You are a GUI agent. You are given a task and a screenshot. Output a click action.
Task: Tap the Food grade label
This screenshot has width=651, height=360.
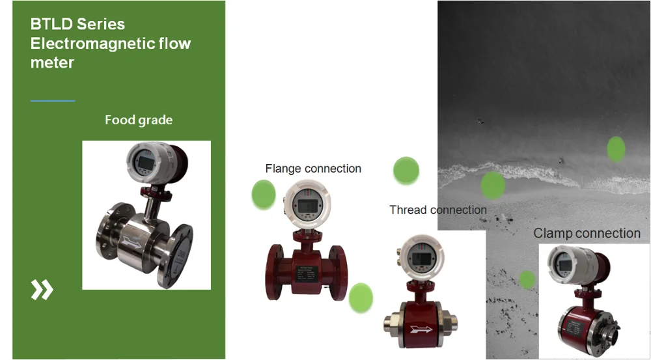point(139,120)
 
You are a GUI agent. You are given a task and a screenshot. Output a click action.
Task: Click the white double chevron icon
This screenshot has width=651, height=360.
point(42,290)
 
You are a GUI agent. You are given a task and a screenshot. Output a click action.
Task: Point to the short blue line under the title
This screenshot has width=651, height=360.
point(53,101)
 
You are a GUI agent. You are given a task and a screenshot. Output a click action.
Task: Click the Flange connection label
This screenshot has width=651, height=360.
point(313,169)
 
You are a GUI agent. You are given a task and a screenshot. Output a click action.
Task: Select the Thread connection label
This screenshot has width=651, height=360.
point(438,210)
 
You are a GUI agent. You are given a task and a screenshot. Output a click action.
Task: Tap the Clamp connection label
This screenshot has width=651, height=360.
point(587,233)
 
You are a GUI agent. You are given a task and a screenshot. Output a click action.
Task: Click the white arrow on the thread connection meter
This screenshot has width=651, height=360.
point(421,329)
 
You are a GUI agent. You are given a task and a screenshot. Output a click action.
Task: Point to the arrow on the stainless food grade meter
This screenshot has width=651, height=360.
point(133,242)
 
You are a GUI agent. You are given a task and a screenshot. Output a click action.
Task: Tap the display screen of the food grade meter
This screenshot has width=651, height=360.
point(146,163)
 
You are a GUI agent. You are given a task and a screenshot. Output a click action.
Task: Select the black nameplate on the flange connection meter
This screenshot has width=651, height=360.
point(307,274)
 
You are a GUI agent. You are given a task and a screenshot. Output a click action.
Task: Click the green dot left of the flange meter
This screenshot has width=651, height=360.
point(264,195)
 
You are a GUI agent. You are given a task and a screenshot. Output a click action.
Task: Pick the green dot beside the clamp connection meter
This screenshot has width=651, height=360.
point(527,279)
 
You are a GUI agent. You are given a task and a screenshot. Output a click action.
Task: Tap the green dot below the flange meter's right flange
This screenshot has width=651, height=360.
point(361,298)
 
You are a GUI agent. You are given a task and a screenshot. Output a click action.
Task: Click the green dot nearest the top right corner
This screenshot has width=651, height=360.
point(616,149)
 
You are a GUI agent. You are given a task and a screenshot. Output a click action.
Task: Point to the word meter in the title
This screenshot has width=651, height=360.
point(52,62)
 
